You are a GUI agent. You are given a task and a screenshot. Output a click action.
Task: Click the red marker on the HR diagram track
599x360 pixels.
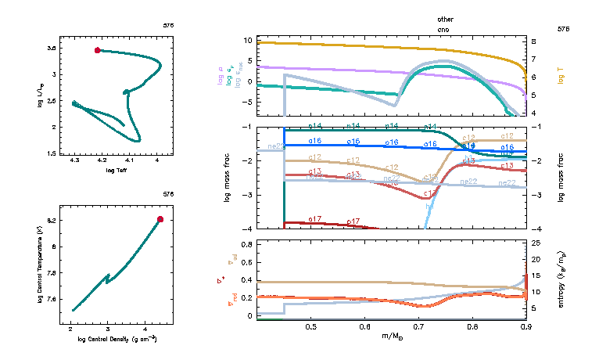[97, 50]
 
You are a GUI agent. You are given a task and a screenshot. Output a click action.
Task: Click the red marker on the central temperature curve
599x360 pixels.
[160, 219]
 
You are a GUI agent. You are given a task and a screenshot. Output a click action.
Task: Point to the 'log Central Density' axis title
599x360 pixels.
[117, 339]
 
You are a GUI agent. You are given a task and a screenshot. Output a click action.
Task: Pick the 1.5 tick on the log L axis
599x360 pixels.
[50, 154]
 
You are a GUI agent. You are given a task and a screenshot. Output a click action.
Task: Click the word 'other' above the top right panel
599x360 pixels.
[446, 19]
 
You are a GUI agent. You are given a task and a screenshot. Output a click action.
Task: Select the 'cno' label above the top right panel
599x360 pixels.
[445, 28]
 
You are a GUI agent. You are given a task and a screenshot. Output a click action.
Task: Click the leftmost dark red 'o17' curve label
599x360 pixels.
[315, 219]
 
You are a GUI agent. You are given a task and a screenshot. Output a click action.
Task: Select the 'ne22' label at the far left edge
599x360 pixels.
[276, 146]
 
